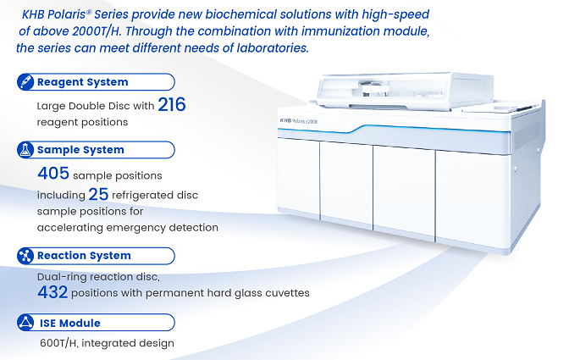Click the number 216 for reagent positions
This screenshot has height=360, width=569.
(x=172, y=104)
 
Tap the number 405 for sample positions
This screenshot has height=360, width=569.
(x=53, y=173)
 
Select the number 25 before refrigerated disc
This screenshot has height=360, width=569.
(x=98, y=194)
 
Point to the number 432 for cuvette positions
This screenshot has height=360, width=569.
(x=52, y=292)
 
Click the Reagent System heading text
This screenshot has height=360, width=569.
(x=83, y=82)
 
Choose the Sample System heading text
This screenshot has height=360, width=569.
(x=80, y=150)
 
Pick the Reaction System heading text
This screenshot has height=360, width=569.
(x=84, y=256)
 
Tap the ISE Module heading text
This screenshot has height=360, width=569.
(x=70, y=323)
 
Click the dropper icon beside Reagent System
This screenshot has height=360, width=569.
(x=25, y=82)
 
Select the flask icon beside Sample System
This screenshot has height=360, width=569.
(x=25, y=150)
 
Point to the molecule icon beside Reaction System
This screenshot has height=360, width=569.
(x=25, y=256)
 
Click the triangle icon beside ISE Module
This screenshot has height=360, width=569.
(x=25, y=322)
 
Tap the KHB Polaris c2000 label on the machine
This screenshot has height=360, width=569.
(x=298, y=121)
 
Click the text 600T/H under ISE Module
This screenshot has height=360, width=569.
(x=58, y=343)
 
